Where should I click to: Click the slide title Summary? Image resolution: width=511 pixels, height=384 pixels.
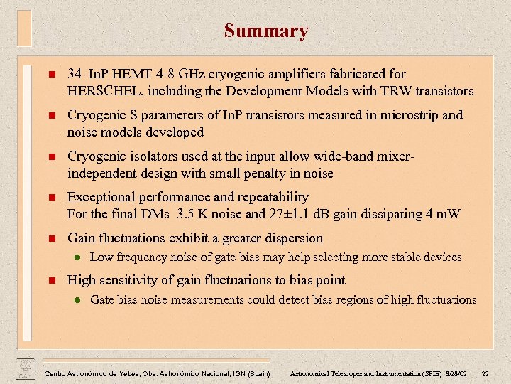click(266, 31)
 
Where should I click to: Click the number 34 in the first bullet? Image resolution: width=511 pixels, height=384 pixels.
click(75, 74)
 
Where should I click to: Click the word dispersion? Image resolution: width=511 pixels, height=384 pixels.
click(290, 238)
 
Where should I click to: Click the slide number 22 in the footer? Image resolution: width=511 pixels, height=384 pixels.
click(485, 373)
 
